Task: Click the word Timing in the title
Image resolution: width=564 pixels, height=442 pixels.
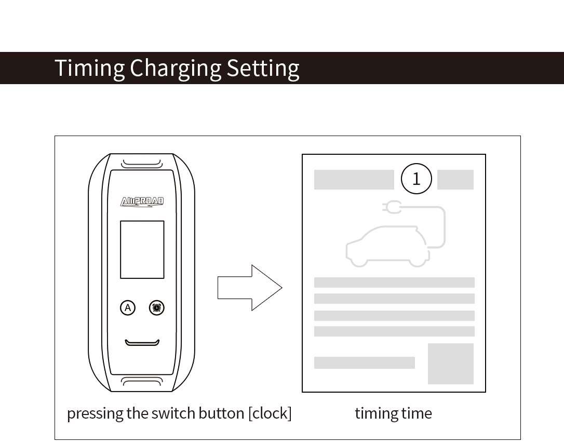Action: point(89,68)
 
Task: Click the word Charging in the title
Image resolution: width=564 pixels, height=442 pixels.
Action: point(176,68)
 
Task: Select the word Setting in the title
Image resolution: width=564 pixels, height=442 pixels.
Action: point(263,68)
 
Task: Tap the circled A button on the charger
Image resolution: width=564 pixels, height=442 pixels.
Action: point(127,308)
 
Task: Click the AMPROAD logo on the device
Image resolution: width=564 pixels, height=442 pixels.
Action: point(142,202)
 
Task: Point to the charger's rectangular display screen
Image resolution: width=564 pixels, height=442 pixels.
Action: point(142,249)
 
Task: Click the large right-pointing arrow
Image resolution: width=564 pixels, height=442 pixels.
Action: point(250,288)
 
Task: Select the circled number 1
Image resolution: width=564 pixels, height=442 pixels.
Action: point(416,179)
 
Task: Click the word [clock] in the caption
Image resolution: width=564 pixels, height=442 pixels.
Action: point(270,413)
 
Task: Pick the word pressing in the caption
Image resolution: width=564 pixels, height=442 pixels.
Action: point(95,413)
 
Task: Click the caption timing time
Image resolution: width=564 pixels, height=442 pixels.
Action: point(393,413)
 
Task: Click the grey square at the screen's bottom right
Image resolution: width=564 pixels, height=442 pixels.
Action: point(450,364)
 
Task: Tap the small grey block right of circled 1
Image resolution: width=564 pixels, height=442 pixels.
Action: point(455,180)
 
